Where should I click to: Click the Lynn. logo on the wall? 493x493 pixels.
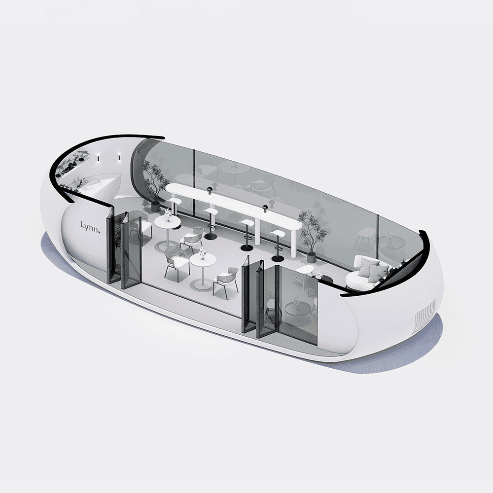point(90,227)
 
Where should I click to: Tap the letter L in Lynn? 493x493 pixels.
point(82,224)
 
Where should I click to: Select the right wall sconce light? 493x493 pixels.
point(119,157)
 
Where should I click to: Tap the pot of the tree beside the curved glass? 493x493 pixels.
point(155,206)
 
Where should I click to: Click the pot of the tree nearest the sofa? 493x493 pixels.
point(311,257)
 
